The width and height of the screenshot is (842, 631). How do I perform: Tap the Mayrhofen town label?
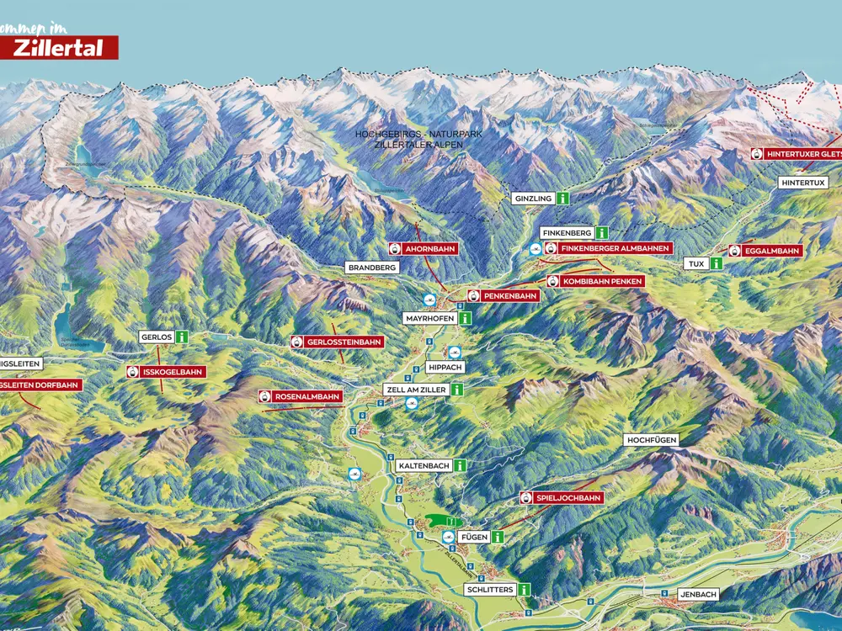[430, 319]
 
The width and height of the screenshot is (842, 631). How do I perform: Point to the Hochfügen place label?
[651, 440]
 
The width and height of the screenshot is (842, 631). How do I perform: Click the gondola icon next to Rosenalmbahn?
[265, 396]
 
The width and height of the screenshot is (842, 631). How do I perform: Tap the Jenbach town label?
[699, 594]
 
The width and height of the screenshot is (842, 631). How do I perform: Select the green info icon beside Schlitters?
[525, 590]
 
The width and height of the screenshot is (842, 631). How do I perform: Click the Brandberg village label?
[370, 268]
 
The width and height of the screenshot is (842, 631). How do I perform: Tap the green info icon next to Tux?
[716, 263]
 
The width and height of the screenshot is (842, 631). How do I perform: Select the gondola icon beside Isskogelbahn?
[134, 372]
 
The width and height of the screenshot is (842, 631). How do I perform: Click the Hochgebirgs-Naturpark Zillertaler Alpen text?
[408, 140]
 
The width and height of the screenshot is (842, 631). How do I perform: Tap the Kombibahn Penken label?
[603, 281]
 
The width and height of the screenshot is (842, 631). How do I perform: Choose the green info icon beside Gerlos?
[181, 337]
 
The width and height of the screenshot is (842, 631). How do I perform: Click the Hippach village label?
[445, 368]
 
